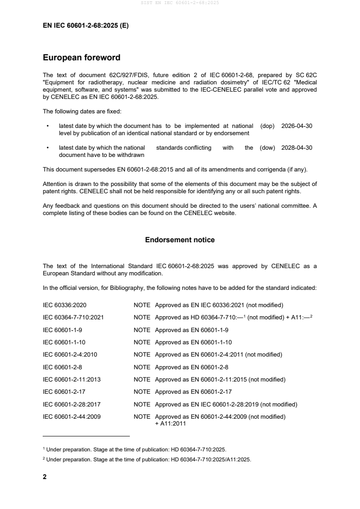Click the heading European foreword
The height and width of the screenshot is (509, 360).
[x=81, y=58]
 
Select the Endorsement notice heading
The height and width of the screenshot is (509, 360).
[x=180, y=240]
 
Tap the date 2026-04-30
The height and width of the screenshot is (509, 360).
[x=296, y=127]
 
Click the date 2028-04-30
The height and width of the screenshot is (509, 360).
[x=296, y=148]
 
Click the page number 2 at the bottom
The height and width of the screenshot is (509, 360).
[x=44, y=477]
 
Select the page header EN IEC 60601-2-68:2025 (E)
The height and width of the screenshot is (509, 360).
[x=85, y=26]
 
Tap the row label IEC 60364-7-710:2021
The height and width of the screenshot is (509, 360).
[x=73, y=318]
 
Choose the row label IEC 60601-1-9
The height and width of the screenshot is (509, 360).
[x=62, y=330]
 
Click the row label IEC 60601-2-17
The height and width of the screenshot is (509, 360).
[x=64, y=392]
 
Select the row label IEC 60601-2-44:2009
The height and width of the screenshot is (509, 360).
[x=72, y=416]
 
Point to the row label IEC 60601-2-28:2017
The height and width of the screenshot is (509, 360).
[x=72, y=404]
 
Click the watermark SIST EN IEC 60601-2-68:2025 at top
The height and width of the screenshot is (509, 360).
[x=180, y=3]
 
